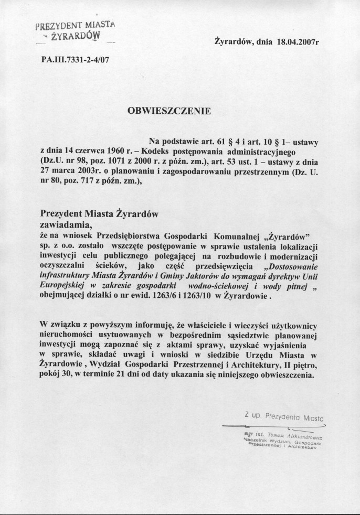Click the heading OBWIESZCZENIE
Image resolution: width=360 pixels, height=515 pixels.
tap(170, 111)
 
